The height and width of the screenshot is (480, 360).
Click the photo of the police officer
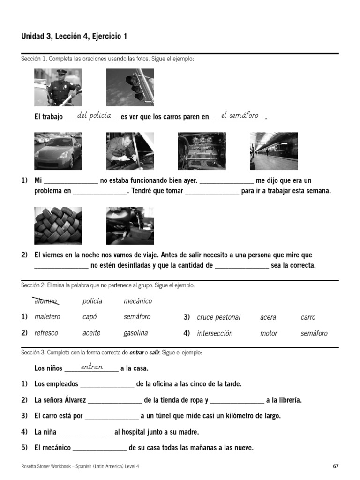pyautogui.click(x=58, y=88)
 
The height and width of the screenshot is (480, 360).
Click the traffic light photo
pyautogui.click(x=130, y=88)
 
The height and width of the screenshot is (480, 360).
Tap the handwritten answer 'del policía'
pyautogui.click(x=94, y=115)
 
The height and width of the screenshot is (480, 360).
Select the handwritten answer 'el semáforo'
pyautogui.click(x=240, y=115)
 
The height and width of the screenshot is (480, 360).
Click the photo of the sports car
pyautogui.click(x=58, y=151)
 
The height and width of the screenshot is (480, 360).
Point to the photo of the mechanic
pyautogui.click(x=130, y=151)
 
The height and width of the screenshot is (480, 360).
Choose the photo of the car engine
pyautogui.click(x=202, y=151)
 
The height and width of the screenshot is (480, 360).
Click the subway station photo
pyautogui.click(x=274, y=151)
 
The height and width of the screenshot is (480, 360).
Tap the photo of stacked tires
pyautogui.click(x=58, y=225)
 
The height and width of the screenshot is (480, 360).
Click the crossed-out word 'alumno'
pyautogui.click(x=45, y=301)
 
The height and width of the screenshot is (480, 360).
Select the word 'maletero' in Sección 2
pyautogui.click(x=47, y=317)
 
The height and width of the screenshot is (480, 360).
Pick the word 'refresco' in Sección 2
pyautogui.click(x=46, y=333)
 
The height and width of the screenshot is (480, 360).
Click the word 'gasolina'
pyautogui.click(x=135, y=333)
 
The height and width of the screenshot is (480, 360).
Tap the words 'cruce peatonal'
pyautogui.click(x=218, y=317)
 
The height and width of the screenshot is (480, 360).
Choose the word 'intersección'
pyautogui.click(x=215, y=333)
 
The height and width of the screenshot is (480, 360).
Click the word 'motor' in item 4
pyautogui.click(x=269, y=333)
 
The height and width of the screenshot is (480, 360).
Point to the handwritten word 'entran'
pyautogui.click(x=92, y=367)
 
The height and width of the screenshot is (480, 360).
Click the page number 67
pyautogui.click(x=336, y=466)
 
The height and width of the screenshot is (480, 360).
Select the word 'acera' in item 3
pyautogui.click(x=268, y=317)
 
